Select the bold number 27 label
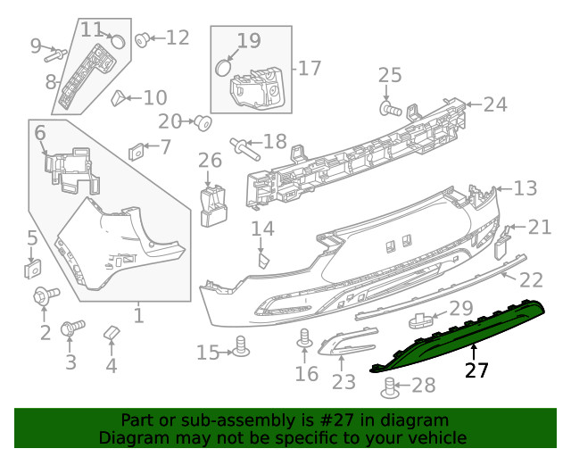(x=477, y=370)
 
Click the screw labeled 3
(x=71, y=329)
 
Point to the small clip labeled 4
(x=111, y=334)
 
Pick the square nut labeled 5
(x=31, y=267)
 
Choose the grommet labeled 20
(x=203, y=121)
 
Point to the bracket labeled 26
(x=212, y=203)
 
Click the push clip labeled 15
(x=239, y=346)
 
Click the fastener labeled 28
(x=390, y=386)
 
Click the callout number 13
(x=525, y=188)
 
